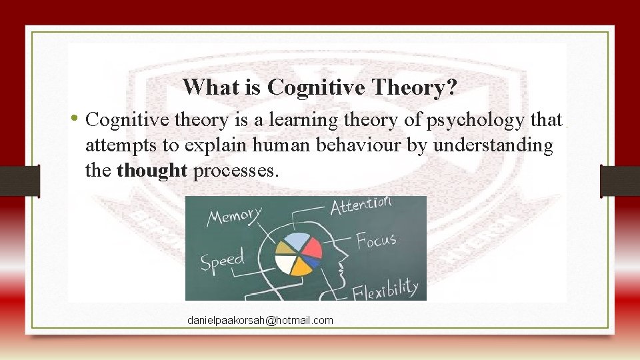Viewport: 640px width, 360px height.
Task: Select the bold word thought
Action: [152, 171]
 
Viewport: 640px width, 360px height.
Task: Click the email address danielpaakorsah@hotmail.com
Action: [260, 321]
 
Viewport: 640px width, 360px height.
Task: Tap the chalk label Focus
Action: [376, 239]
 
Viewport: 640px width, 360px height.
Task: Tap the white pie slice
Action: [285, 264]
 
